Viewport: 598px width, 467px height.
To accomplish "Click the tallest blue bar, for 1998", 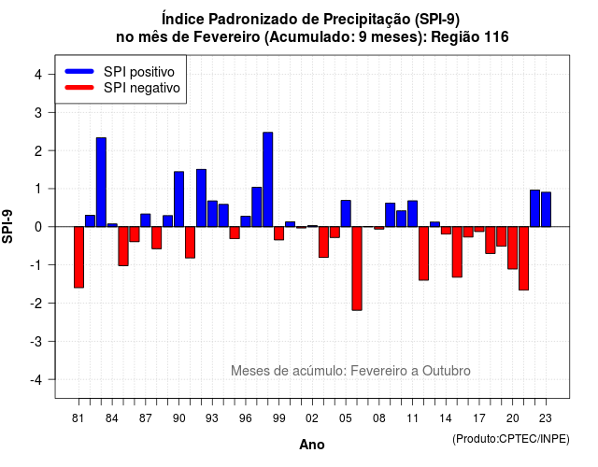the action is coord(268,179).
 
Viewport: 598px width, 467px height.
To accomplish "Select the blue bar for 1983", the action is coord(101,182).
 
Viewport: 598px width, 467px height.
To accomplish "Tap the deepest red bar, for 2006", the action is coord(357,268).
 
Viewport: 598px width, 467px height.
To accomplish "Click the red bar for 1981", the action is coord(78,257).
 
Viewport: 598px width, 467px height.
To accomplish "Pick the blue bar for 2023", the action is coord(546,209).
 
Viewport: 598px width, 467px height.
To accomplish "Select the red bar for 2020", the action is coord(513,248).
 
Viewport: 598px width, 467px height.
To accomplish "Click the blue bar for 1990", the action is coord(178,199).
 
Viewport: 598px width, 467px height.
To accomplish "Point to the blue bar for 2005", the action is coord(346,214).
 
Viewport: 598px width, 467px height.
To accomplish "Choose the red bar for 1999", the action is coord(278,233).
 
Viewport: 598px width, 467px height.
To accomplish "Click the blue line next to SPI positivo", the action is coord(79,71).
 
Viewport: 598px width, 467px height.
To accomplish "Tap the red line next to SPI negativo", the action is coord(79,87).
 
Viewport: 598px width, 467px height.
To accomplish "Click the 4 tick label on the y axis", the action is coord(38,75).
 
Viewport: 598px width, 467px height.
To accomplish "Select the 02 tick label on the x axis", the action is coord(312,418).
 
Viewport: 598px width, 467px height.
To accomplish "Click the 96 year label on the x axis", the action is coord(246,418).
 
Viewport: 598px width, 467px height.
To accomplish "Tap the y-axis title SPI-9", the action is coord(7,226).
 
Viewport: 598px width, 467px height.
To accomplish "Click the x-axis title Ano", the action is coord(312,445).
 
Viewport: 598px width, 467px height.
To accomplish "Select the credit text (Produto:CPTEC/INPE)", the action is coord(511,439).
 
